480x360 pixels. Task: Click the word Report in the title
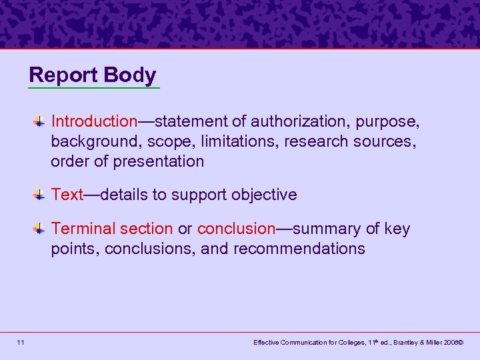(61, 75)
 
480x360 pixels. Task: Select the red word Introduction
(94, 121)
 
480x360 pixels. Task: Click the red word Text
(67, 195)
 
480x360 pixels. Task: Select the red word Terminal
(83, 229)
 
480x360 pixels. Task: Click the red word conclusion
(237, 229)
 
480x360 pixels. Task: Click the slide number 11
(21, 343)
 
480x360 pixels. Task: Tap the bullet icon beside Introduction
(40, 121)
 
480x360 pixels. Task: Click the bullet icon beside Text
(40, 195)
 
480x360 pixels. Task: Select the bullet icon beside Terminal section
(40, 229)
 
